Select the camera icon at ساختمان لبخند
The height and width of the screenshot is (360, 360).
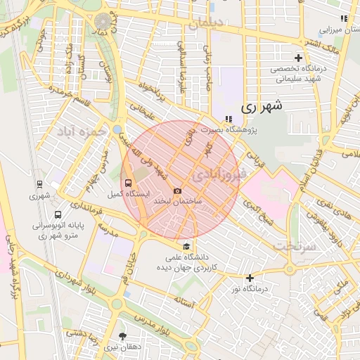tap(177, 191)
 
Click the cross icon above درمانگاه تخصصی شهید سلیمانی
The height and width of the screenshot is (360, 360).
tap(299, 58)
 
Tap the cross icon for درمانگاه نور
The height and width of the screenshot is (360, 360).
tap(250, 277)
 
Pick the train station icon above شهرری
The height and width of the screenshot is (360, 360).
tap(39, 185)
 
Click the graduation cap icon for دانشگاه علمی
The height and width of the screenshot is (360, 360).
tap(186, 246)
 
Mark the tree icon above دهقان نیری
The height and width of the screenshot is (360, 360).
tap(124, 336)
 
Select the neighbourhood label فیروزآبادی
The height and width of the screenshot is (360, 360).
tap(221, 172)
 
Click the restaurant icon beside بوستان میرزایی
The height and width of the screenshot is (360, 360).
tap(344, 18)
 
